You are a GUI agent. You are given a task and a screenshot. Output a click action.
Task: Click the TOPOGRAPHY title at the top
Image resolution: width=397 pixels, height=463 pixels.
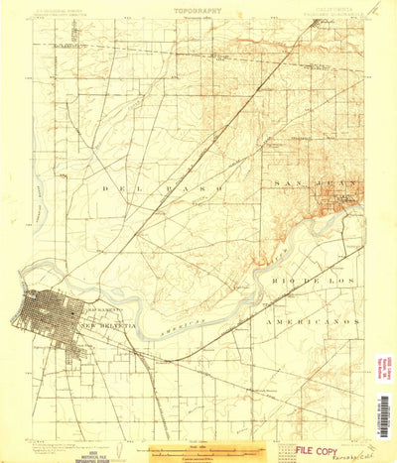click(198, 12)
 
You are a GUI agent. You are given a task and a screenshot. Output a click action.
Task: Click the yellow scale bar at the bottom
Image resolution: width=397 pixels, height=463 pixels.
click(198, 449)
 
